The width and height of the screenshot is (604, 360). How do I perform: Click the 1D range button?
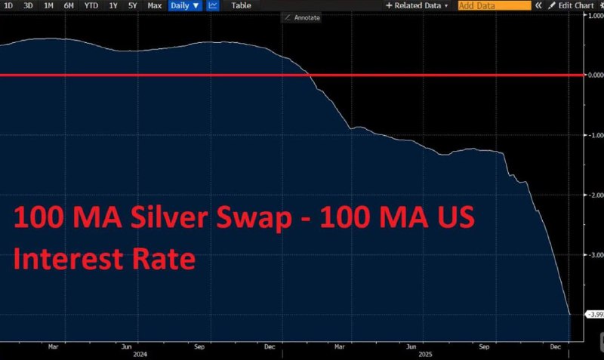tap(8, 5)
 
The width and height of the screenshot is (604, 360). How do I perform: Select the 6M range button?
tap(69, 5)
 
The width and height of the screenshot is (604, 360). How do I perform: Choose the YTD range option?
tap(91, 5)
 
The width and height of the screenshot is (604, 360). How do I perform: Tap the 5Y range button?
tap(133, 5)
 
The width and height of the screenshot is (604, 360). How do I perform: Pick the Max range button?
tap(154, 5)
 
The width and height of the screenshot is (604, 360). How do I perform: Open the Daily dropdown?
tap(185, 5)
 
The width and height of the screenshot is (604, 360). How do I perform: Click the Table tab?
tap(241, 5)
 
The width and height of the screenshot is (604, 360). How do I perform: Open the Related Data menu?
tap(417, 5)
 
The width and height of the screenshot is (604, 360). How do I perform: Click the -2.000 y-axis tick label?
tap(593, 195)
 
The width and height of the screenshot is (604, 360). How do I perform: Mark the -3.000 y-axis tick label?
tap(593, 255)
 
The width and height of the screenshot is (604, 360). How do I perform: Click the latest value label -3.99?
tap(593, 314)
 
